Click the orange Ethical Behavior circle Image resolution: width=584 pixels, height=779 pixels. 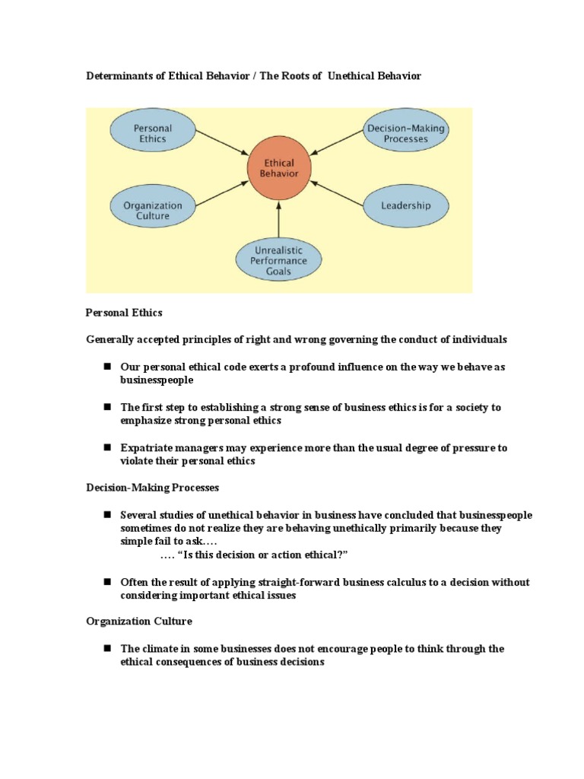tap(279, 168)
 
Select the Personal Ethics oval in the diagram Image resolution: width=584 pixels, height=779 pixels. tap(152, 134)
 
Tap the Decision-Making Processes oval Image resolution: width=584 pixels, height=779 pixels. tap(406, 133)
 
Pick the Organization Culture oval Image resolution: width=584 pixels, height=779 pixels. tap(152, 210)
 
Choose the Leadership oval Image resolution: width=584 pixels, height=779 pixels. tap(406, 205)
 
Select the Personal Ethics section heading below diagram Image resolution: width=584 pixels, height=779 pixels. tap(124, 313)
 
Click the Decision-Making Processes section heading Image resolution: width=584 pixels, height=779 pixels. tap(152, 487)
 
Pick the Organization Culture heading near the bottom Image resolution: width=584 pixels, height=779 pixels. tap(139, 622)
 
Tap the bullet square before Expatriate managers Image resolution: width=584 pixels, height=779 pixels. tap(107, 448)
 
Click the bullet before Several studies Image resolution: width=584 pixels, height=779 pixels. tap(107, 515)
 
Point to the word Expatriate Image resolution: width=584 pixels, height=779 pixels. tap(148, 448)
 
